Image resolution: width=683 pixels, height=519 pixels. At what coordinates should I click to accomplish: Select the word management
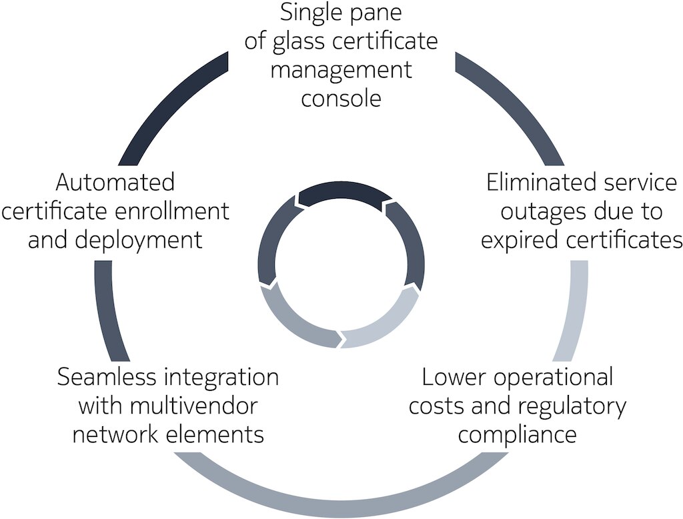tap(341, 70)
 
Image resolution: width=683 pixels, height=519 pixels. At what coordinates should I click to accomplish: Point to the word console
tap(341, 98)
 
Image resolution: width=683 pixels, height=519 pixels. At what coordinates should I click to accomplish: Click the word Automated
tap(115, 182)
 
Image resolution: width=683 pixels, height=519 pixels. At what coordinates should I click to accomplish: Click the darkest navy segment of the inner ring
tap(344, 193)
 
